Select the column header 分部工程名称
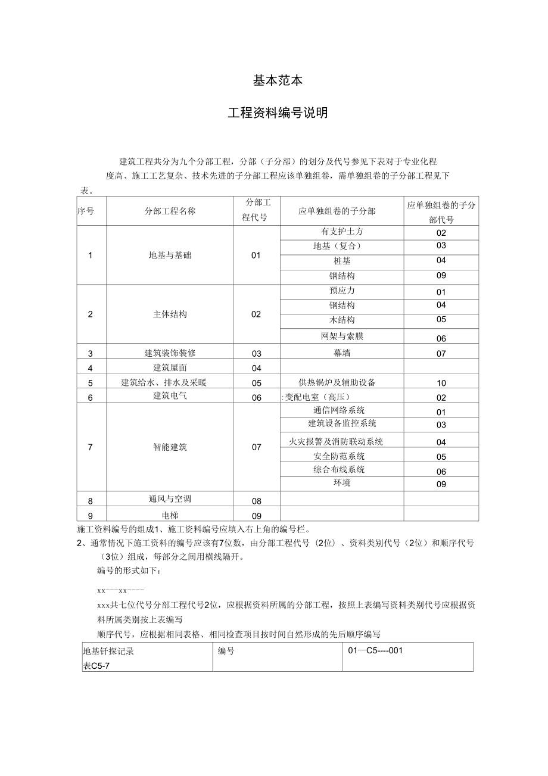170,211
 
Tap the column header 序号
86,211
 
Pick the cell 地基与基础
170,255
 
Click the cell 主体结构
170,314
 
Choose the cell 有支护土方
342,232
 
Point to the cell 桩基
342,261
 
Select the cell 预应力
342,291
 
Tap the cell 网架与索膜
342,336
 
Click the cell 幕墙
342,353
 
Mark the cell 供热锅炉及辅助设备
337,382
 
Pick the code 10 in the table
441,383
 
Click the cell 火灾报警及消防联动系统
336,442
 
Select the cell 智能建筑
170,447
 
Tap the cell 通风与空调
170,499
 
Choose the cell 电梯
170,515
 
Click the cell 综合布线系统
340,469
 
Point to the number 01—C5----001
375,650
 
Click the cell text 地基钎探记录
108,651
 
